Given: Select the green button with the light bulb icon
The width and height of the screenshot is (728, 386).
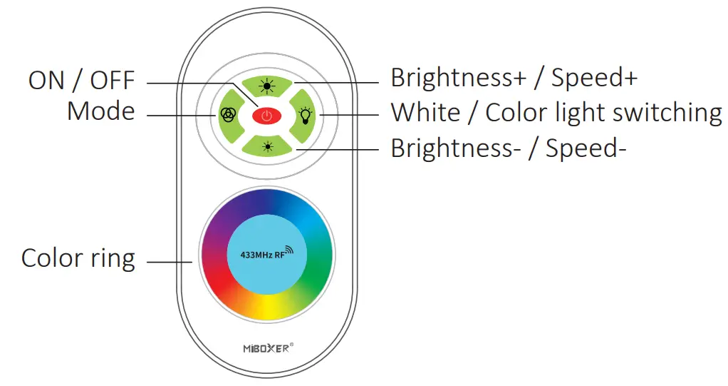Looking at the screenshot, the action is [305, 115].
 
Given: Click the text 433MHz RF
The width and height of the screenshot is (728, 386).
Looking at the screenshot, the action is [259, 255].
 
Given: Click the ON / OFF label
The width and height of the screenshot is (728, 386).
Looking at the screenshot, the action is [81, 81].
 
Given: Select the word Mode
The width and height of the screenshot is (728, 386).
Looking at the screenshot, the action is [100, 111].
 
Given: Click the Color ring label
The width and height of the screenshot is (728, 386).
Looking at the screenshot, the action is [78, 258].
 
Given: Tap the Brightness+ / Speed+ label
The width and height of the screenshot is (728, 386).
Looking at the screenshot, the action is [514, 78].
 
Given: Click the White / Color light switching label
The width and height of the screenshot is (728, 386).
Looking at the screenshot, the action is [556, 113].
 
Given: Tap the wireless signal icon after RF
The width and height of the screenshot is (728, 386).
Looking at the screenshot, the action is [290, 253].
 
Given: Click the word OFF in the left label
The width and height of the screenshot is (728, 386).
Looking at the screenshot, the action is [112, 81].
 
